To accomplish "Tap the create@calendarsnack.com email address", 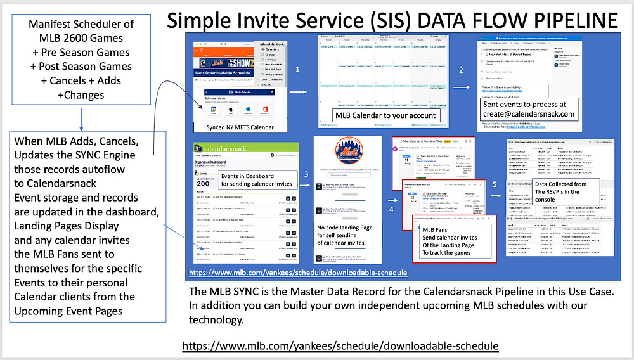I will [x=528, y=115].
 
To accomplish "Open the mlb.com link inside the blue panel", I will [x=297, y=273].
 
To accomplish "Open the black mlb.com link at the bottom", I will [x=340, y=346].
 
